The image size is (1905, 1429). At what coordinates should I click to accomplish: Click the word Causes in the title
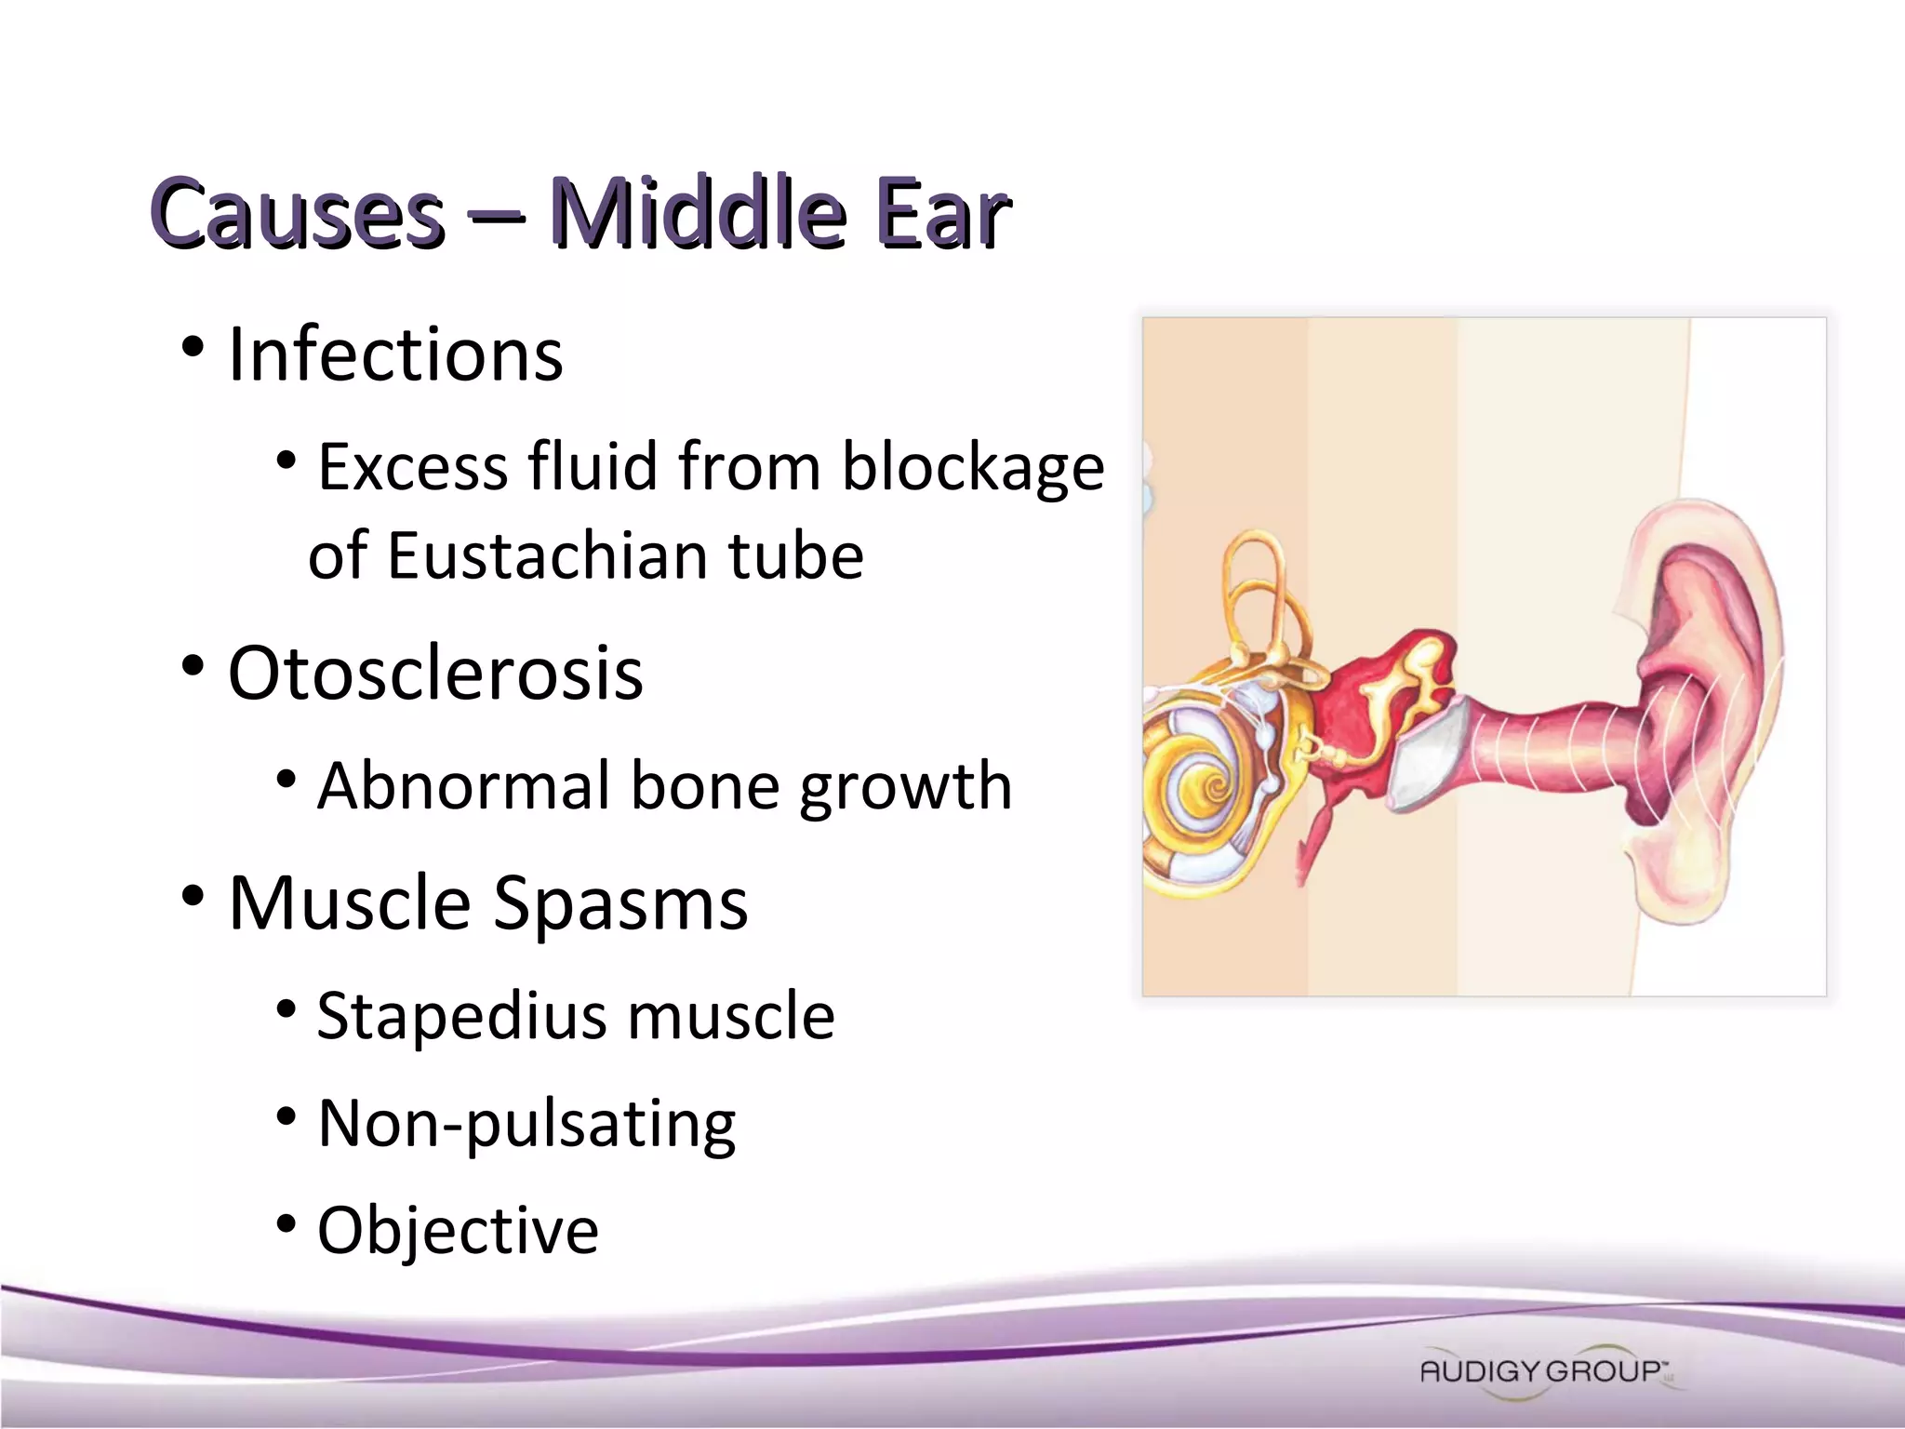click(298, 214)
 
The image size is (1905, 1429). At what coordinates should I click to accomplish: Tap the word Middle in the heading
click(698, 214)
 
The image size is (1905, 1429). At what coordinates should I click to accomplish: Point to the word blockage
click(973, 467)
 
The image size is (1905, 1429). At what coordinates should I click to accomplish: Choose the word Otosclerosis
click(435, 673)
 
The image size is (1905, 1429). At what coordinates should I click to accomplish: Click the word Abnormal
click(463, 786)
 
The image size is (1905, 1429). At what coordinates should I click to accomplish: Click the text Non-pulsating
click(526, 1124)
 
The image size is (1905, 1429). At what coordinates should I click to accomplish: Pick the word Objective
click(458, 1231)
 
